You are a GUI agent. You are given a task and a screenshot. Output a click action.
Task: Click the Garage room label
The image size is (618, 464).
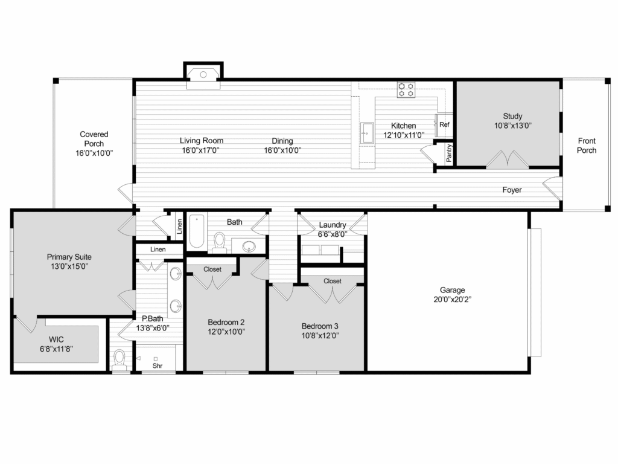[452, 290]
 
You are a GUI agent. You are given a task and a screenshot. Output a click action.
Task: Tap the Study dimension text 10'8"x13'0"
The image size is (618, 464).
[513, 126]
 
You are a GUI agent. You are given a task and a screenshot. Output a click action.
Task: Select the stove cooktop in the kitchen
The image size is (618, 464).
[406, 89]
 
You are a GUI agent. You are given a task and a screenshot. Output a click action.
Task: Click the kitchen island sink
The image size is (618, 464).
[367, 133]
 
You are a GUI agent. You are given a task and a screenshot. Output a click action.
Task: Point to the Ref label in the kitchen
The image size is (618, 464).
[444, 124]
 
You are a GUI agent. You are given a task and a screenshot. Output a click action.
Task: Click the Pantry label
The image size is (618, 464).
[449, 153]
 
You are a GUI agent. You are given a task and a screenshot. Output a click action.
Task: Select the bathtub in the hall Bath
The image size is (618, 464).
[197, 231]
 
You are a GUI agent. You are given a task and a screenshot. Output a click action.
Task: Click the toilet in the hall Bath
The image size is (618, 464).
[219, 243]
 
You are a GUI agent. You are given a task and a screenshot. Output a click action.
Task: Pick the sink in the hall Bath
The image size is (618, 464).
[249, 247]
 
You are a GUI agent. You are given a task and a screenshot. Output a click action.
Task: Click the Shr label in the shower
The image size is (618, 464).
[158, 366]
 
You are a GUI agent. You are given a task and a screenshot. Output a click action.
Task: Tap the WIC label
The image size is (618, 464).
[56, 340]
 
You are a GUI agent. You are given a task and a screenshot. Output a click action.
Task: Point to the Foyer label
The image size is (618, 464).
[512, 190]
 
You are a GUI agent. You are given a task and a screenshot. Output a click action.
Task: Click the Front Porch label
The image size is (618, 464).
[587, 146]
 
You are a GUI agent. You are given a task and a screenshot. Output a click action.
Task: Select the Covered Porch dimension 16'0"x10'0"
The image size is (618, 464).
[94, 153]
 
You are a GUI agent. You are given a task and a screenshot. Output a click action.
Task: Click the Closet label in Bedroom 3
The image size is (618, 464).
[333, 281]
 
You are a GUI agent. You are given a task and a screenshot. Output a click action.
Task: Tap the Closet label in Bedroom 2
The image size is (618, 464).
[212, 269]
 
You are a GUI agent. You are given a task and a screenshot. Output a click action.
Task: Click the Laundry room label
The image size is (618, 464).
[333, 225]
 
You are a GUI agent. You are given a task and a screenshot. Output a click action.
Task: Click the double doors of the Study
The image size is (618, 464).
[507, 159]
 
